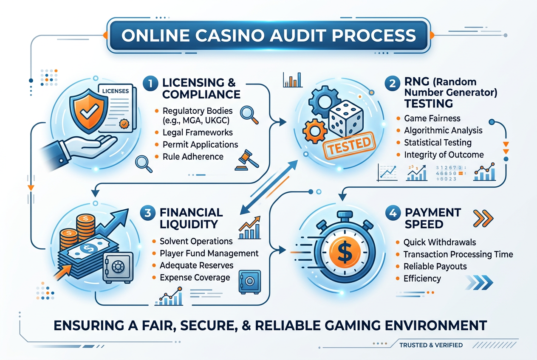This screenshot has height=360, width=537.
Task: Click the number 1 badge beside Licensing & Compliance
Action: pyautogui.click(x=150, y=83)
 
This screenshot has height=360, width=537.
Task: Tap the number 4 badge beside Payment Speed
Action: pyautogui.click(x=393, y=213)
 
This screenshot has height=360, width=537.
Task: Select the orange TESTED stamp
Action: pyautogui.click(x=349, y=145)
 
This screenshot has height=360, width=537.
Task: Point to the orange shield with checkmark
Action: pyautogui.click(x=89, y=110)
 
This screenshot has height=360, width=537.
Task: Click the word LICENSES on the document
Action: pyautogui.click(x=116, y=91)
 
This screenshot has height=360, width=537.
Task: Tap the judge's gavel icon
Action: pyautogui.click(x=247, y=160)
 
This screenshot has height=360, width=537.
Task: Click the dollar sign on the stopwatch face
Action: pyautogui.click(x=345, y=251)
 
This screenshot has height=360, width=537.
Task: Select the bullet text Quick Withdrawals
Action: pyautogui.click(x=440, y=242)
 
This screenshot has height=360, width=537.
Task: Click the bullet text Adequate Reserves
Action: pyautogui.click(x=197, y=265)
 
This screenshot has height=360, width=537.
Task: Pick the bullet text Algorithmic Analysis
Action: pyautogui.click(x=443, y=130)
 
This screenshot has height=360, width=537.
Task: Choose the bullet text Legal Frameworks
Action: pyautogui.click(x=198, y=132)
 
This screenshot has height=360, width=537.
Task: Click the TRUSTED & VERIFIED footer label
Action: pyautogui.click(x=431, y=345)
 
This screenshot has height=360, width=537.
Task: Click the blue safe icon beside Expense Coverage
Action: pyautogui.click(x=250, y=282)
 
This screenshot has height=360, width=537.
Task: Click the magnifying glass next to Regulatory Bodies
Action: pyautogui.click(x=249, y=115)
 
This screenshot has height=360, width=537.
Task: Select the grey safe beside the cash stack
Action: pyautogui.click(x=118, y=267)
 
